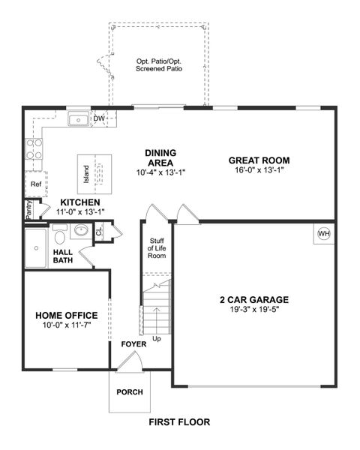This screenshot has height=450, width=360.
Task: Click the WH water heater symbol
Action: click(324, 233)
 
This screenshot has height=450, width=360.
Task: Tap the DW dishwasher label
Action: click(99, 118)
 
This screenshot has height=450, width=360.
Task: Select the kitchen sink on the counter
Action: click(77, 119)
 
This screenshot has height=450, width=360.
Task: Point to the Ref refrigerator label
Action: click(35, 183)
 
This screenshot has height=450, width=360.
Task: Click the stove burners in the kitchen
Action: click(34, 149)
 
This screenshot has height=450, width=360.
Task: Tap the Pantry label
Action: click(28, 211)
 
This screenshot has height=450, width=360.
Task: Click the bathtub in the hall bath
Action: click(35, 247)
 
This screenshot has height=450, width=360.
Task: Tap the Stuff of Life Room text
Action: click(156, 247)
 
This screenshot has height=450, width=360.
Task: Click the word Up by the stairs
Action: click(155, 338)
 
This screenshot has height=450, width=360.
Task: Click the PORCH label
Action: click(130, 391)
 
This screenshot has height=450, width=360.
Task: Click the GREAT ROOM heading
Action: click(259, 160)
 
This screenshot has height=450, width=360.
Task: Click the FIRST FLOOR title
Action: click(178, 422)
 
